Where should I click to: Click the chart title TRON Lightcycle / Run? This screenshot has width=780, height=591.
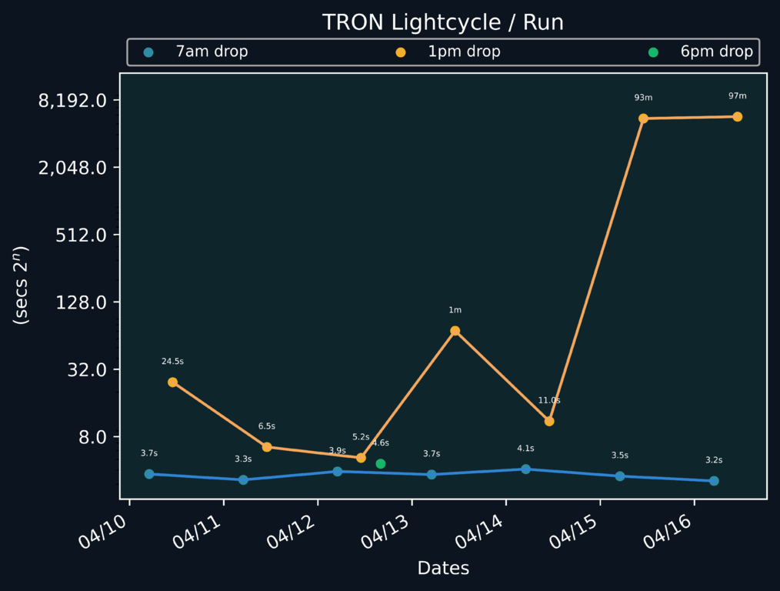coord(442,22)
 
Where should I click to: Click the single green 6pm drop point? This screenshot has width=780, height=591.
coord(381,464)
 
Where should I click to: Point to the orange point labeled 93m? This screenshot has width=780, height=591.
coord(643,119)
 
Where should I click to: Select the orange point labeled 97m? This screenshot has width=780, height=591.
coord(737,117)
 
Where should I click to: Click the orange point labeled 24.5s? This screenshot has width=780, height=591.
coord(172,382)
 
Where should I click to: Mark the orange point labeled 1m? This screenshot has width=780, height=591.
coord(455,331)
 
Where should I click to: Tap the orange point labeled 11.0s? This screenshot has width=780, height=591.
coord(549,422)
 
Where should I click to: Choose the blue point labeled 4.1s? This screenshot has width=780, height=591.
coord(525,469)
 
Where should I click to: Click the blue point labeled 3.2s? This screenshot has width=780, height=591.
coord(714,481)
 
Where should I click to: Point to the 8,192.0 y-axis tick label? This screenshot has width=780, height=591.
coord(72,101)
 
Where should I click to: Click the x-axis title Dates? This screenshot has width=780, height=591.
coord(443,569)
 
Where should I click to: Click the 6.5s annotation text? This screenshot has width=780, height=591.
coord(267,426)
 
